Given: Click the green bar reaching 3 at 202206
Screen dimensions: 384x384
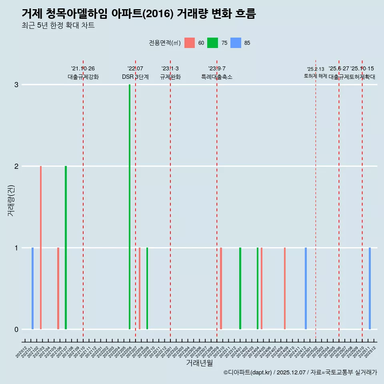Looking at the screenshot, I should click(130, 207).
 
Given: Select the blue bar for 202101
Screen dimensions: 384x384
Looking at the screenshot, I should click(32, 288).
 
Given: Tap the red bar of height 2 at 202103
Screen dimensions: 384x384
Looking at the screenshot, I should click(41, 248).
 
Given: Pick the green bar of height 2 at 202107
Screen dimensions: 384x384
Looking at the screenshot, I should click(66, 248).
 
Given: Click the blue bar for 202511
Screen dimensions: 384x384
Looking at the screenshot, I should click(370, 288).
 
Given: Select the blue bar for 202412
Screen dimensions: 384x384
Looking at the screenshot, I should click(306, 288).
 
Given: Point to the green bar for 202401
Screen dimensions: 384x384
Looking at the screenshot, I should click(240, 288).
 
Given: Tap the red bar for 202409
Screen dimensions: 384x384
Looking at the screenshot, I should click(285, 288).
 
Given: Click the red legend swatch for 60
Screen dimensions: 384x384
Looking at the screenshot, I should click(190, 43).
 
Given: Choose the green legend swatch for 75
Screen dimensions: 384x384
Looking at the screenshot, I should click(213, 43).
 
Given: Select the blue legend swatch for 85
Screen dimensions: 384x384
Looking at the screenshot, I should click(236, 43).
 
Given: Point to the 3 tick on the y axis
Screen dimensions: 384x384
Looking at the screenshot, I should click(16, 85).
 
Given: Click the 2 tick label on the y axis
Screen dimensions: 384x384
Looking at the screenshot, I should click(16, 166).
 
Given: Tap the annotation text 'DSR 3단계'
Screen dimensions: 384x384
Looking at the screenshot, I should click(135, 77).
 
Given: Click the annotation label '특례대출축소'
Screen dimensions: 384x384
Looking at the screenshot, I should click(216, 77).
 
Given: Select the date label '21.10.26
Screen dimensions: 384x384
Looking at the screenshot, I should click(83, 69).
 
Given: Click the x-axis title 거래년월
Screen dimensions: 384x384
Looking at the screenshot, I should click(199, 363).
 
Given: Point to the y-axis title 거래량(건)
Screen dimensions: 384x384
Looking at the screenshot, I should click(11, 200).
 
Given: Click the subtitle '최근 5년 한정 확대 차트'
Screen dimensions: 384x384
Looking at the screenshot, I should click(58, 26).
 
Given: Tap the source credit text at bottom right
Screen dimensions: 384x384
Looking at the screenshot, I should click(300, 372).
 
